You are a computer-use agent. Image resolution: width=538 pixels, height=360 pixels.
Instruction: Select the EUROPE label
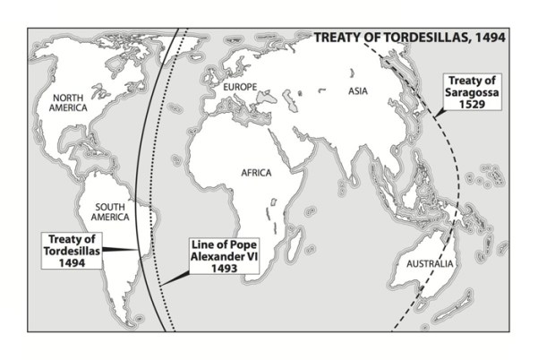pos(240,87)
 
